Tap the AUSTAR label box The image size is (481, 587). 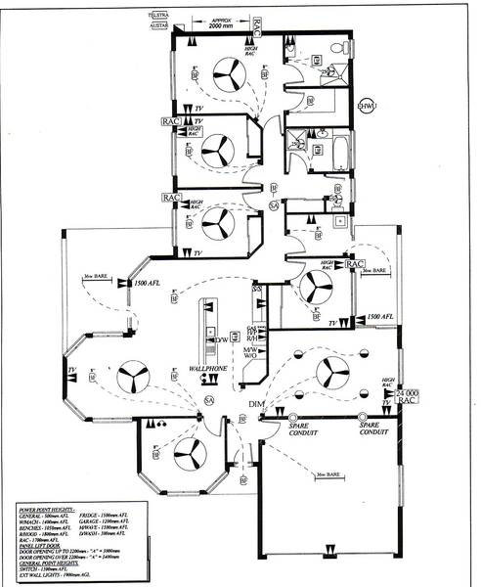click(154, 26)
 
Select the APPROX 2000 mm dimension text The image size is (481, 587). click(215, 24)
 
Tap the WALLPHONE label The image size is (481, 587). click(209, 371)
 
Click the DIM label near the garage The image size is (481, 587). click(257, 403)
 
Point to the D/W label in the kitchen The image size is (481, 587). click(222, 339)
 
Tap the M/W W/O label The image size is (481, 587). click(250, 351)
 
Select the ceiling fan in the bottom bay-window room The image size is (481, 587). click(187, 452)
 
